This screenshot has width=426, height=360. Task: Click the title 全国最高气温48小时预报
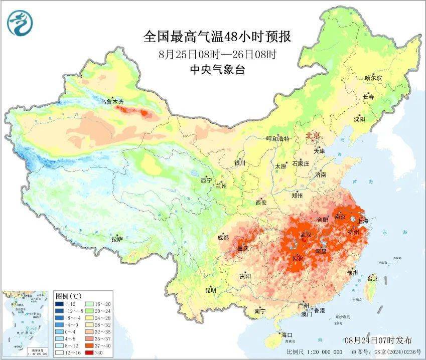(217, 37)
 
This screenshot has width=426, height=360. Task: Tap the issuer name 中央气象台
(217, 70)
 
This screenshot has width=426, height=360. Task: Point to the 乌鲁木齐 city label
(111, 102)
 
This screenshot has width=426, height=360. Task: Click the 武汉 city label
(305, 235)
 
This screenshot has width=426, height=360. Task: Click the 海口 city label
(287, 335)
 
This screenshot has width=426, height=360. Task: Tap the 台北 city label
(373, 278)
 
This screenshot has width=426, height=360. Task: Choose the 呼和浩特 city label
(277, 139)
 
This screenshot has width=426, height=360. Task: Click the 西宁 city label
(206, 180)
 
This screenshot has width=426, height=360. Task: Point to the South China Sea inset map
(26, 323)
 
